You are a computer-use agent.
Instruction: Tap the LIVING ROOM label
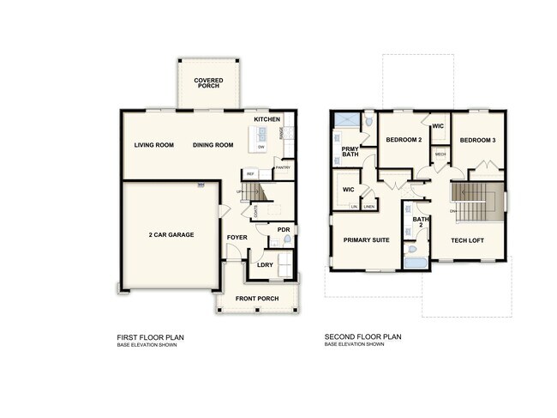[x=154, y=145]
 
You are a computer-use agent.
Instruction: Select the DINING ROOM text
[x=213, y=145]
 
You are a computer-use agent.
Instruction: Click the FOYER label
[x=237, y=237]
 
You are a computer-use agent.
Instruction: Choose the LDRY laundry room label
[x=265, y=265]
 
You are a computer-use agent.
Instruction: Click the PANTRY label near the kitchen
[x=284, y=168]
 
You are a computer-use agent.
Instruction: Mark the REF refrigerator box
[x=251, y=174]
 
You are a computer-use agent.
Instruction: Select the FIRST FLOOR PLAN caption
[x=151, y=337]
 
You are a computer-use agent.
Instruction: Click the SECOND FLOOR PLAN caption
[x=363, y=337]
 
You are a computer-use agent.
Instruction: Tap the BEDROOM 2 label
[x=404, y=140]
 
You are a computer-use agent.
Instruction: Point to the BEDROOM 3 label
[x=477, y=140]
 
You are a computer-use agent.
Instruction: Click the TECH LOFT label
[x=468, y=240]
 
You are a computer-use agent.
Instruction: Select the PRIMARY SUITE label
[x=366, y=240]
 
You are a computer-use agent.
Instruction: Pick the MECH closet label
[x=440, y=154]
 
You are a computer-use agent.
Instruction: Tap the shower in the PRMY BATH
[x=347, y=121]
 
